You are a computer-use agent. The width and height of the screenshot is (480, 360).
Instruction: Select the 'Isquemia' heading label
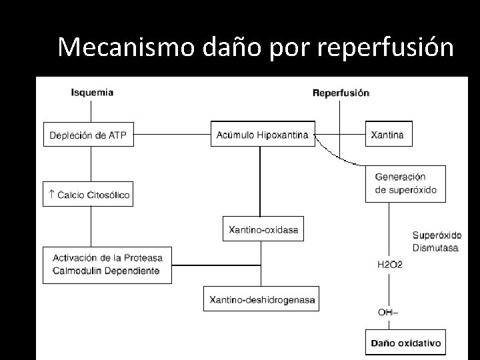coord(91,93)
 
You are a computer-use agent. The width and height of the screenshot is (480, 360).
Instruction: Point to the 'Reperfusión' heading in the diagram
coord(341,93)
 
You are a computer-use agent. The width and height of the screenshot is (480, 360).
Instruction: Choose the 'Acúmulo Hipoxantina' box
coord(262,135)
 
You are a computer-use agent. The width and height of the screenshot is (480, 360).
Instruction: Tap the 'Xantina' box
coord(388,135)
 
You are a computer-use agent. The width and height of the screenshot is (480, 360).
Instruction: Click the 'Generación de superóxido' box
coord(406,183)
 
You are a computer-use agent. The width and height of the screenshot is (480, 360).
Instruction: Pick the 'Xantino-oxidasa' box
coord(263,230)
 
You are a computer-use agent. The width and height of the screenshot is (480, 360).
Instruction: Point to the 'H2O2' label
coord(390,265)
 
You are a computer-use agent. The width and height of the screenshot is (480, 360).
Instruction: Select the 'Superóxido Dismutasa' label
coord(437,241)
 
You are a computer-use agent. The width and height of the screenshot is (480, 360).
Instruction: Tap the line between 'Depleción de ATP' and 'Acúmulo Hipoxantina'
coord(173,135)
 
